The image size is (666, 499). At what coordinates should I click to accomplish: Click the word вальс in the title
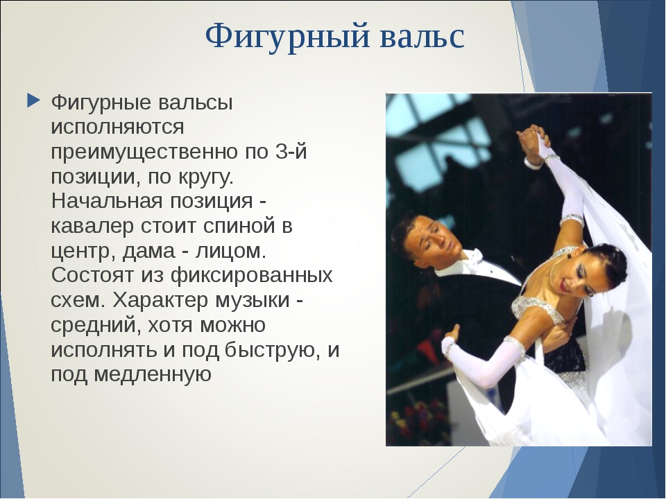pos(422,37)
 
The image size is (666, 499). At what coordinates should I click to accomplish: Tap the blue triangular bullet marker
pos(33,100)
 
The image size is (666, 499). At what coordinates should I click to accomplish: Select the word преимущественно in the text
pos(144,152)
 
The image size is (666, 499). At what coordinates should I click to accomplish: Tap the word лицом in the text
pos(230,252)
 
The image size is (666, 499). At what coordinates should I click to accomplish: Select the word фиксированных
pos(251,277)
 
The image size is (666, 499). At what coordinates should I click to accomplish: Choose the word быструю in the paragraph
pos(272,351)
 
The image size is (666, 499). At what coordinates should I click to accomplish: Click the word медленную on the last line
pos(152,376)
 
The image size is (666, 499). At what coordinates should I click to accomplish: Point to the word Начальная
pos(107,201)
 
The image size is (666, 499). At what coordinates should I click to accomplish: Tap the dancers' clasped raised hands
pos(531,140)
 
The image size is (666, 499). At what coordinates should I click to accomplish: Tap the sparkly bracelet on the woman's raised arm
pos(571,220)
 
